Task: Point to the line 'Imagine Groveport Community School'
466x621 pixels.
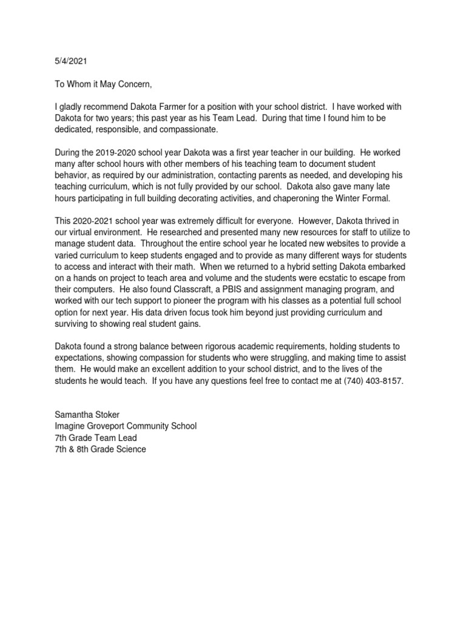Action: pos(126,426)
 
